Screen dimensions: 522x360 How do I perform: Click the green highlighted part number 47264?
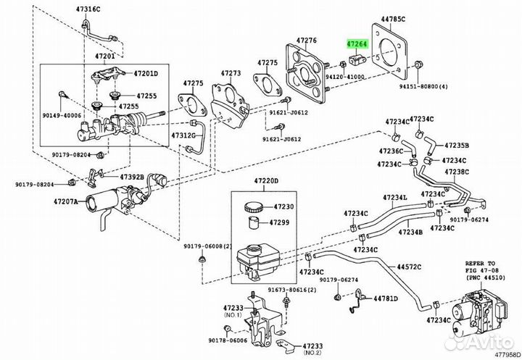click(357, 43)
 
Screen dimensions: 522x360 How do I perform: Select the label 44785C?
click(393, 19)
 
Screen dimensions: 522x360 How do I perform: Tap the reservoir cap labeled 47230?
click(254, 207)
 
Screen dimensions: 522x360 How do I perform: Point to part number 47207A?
click(65, 201)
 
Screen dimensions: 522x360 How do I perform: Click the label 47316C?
click(88, 9)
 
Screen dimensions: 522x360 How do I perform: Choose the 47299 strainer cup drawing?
click(255, 222)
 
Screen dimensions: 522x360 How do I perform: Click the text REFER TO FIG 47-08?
click(480, 266)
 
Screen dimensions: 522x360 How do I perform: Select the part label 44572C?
click(409, 267)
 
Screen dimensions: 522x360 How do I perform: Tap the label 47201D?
click(146, 74)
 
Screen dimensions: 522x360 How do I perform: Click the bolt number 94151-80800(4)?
click(423, 86)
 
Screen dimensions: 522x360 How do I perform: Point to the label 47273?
click(231, 73)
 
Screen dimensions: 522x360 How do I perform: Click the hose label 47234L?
click(395, 198)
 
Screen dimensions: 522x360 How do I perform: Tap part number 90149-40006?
click(62, 115)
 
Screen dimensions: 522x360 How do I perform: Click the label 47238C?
click(457, 172)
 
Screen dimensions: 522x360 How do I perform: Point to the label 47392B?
click(132, 177)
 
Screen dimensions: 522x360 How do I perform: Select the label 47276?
click(307, 41)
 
